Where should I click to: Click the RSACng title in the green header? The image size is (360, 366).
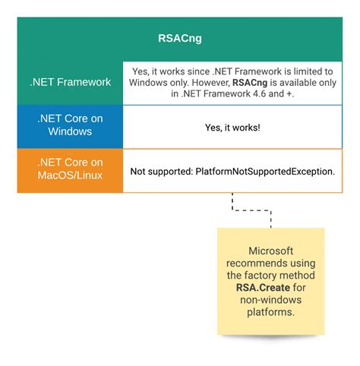[179, 35]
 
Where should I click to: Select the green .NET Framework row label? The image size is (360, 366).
[70, 82]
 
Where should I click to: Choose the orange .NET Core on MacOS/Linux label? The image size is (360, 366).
[70, 171]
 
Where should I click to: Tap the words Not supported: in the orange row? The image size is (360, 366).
[162, 172]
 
